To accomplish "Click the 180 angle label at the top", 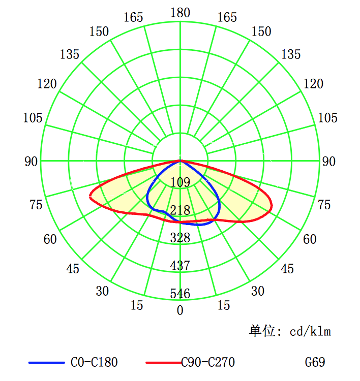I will click(180, 13).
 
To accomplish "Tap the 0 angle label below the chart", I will click(180, 310).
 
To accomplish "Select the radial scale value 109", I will click(180, 182).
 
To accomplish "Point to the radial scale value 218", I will click(180, 210).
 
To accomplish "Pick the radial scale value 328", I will click(180, 238).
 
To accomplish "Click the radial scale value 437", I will click(180, 266).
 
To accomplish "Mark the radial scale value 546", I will click(180, 294).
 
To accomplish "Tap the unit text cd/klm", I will click(310, 332).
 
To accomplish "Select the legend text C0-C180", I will click(94, 363).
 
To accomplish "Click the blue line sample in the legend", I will click(46, 363).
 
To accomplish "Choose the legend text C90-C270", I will click(208, 363).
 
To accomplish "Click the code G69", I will click(315, 363).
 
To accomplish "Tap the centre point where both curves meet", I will click(180, 161).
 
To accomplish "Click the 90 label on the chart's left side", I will click(32, 162).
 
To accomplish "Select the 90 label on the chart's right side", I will click(329, 162).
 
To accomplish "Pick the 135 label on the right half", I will click(291, 54).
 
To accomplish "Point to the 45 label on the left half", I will click(73, 269).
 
